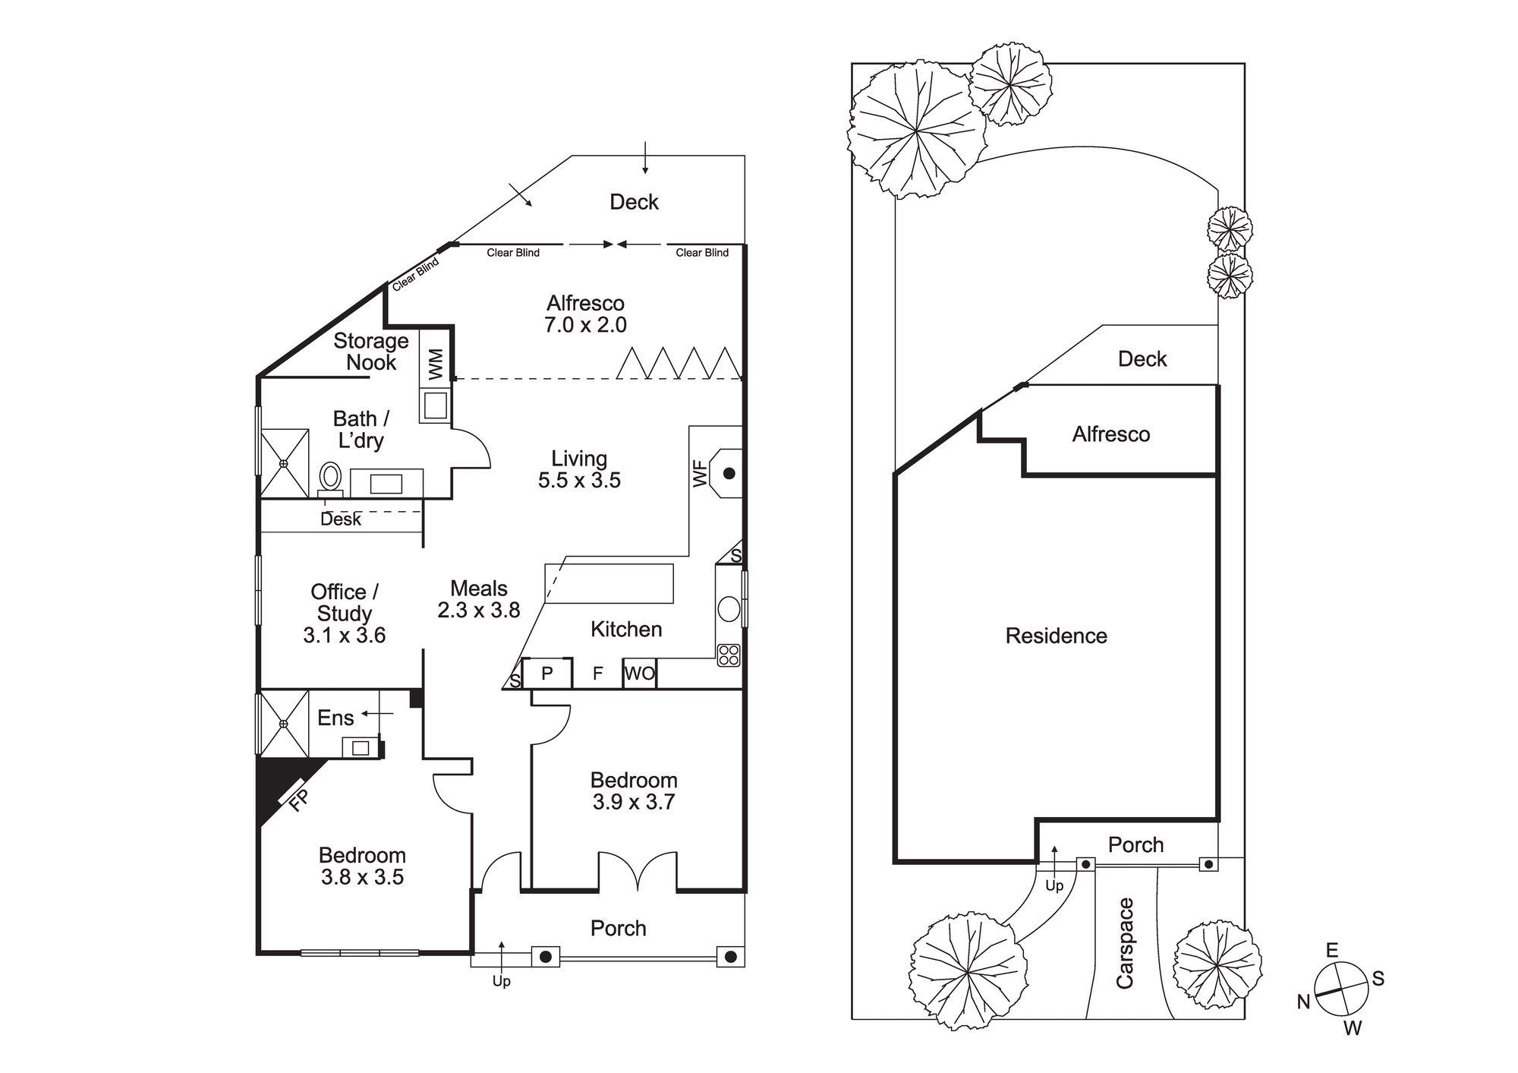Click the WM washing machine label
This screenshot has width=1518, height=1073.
436,364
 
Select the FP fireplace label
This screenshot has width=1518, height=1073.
299,800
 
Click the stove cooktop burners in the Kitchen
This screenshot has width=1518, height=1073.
729,655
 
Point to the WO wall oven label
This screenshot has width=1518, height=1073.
639,674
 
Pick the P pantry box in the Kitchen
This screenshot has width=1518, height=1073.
547,674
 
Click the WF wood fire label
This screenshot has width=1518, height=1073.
700,474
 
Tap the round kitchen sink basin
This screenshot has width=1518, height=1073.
729,609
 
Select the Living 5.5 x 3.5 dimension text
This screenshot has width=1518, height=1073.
580,480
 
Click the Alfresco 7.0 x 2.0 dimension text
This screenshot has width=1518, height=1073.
586,325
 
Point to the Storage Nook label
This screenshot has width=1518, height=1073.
371,352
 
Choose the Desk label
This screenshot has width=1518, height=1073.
341,519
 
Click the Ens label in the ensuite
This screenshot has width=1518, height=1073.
335,718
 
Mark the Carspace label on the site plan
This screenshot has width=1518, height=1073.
1125,943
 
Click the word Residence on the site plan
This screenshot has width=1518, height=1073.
1057,636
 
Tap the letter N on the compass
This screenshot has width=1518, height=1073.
1304,1002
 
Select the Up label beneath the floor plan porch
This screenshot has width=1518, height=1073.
502,981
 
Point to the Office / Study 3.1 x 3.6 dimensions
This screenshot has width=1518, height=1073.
345,635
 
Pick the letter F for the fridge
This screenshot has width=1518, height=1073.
598,674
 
